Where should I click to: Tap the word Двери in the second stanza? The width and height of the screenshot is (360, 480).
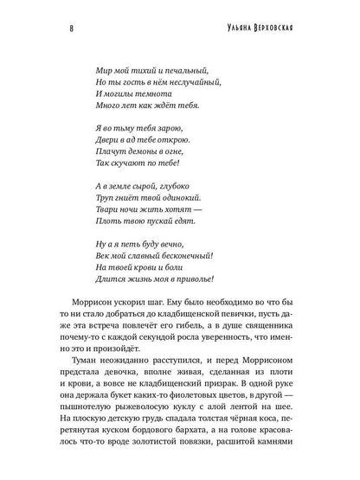click(x=112, y=141)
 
